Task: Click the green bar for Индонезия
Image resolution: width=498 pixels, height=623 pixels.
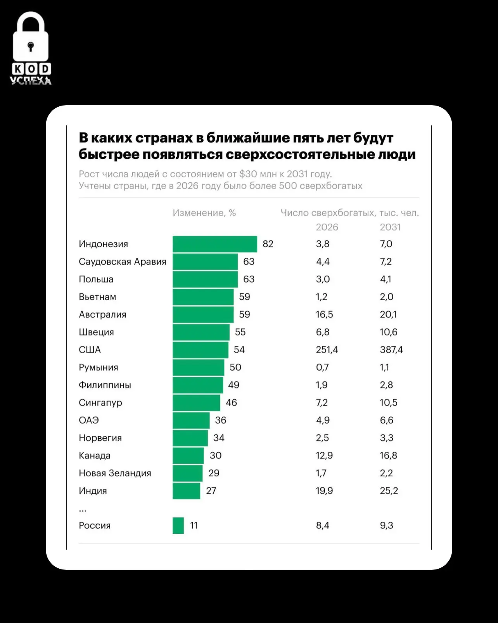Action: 215,244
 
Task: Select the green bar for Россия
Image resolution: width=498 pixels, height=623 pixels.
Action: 178,526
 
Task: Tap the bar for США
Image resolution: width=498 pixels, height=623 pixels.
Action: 201,350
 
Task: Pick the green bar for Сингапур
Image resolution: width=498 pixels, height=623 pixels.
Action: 197,403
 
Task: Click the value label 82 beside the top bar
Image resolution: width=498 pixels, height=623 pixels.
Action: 268,244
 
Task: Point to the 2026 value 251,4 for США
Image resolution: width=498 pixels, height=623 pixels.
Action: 327,350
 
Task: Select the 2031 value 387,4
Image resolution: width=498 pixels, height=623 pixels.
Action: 391,350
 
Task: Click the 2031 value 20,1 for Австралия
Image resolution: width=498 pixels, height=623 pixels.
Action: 388,314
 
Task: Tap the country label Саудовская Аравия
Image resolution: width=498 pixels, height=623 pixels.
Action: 123,262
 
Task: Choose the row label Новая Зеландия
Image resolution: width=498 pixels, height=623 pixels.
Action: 115,473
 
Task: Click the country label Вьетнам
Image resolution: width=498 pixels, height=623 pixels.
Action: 97,297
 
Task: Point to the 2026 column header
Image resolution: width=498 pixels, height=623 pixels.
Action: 327,227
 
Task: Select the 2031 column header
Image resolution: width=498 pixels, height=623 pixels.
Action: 390,227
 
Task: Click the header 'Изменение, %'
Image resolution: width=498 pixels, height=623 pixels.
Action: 204,213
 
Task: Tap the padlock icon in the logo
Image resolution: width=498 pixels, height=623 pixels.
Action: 31,36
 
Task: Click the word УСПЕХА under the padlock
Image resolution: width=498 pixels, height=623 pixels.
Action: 31,81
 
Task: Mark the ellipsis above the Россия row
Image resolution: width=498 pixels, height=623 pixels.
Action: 83,511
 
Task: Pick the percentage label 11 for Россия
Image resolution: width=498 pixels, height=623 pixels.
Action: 194,526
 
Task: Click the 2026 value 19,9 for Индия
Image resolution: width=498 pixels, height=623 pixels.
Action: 324,491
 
